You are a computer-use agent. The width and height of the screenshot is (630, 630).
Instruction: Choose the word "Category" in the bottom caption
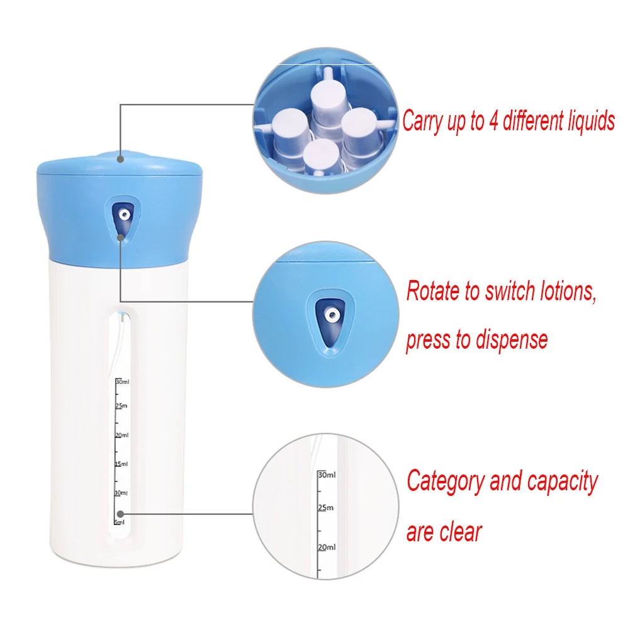point(445,481)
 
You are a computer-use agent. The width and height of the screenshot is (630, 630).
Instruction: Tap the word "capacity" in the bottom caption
point(562,483)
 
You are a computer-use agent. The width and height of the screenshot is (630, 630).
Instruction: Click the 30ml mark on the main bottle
point(121,381)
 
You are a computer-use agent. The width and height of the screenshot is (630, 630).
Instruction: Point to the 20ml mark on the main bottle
point(121,435)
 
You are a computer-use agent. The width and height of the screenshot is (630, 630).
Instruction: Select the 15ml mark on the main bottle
point(121,464)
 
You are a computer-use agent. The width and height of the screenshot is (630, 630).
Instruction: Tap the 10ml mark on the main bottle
point(121,492)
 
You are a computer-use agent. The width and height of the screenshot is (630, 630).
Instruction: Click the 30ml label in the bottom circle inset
point(327,475)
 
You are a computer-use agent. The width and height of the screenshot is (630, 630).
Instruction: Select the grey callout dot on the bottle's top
point(121,159)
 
